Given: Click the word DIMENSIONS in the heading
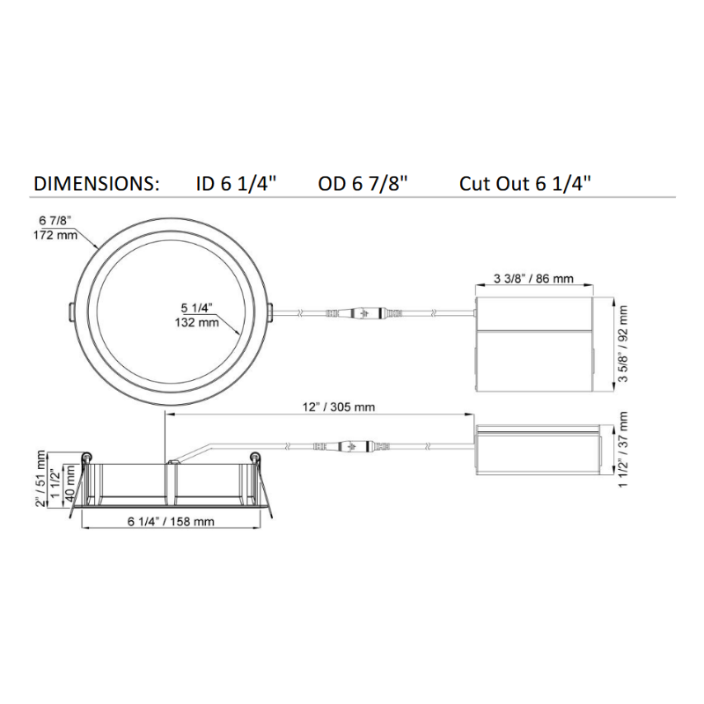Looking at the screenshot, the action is click(96, 184).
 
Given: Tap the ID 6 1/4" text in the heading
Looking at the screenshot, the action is click(236, 184).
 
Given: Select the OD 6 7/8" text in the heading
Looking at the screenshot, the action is click(363, 184).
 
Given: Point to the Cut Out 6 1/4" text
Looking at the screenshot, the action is click(524, 184).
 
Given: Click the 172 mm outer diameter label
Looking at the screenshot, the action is click(55, 235).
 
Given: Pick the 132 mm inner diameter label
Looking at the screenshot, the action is click(196, 322).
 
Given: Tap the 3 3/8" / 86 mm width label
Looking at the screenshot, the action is click(533, 278).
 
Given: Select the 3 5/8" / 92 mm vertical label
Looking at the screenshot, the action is click(623, 344).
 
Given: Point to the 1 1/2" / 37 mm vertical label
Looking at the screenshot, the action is click(623, 450).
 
